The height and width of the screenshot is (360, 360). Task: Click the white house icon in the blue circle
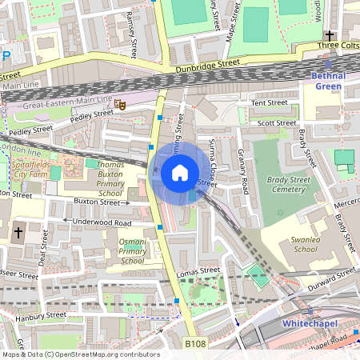coord(180,172)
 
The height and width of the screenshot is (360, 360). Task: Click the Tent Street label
coord(269,102)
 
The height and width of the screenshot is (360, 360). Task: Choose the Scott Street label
coord(276,122)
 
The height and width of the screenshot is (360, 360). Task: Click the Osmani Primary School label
coord(132,251)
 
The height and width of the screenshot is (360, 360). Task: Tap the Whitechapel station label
coord(310,323)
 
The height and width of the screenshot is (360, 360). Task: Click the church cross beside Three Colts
coord(329,35)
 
